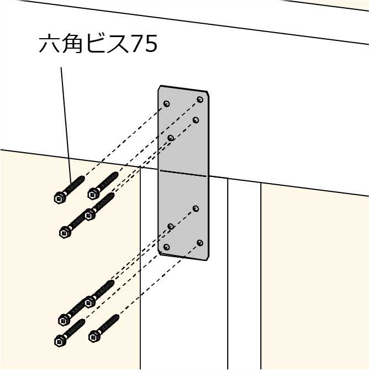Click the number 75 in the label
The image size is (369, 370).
coord(145,44)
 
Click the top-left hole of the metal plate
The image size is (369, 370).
coord(167,103)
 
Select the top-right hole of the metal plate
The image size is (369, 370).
coord(200,100)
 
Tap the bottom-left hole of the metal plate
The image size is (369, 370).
coord(167,247)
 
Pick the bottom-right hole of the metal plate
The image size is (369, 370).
coord(200,243)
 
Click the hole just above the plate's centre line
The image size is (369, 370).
coord(171,138)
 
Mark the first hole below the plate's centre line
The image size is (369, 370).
coord(196,209)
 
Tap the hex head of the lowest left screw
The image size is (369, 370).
coord(59,341)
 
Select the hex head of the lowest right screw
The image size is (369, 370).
coord(93,335)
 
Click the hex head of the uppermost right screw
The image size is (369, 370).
coord(92,193)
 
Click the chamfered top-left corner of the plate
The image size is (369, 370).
coord(160,88)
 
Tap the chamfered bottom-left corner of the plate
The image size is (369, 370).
coord(160,253)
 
